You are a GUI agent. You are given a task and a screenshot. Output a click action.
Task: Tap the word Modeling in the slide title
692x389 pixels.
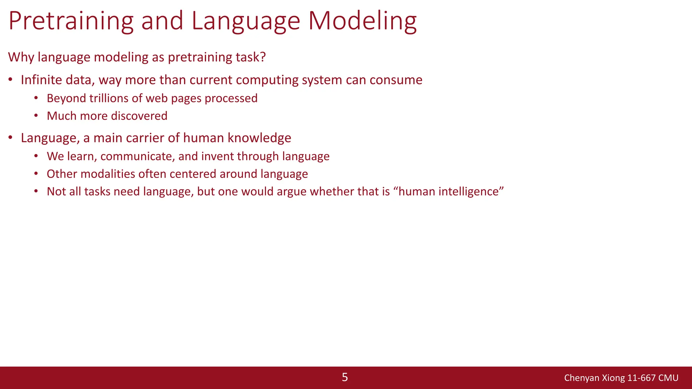click(362, 21)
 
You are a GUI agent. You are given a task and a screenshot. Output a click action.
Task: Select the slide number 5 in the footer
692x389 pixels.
click(345, 377)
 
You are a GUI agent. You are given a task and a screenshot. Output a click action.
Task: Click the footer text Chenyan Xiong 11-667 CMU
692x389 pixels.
click(621, 378)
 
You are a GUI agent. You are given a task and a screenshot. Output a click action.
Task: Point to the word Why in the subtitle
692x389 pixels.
click(21, 57)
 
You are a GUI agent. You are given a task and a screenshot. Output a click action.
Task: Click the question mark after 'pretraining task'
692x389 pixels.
click(263, 57)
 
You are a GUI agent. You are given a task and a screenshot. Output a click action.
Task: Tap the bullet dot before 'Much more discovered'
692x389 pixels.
click(36, 116)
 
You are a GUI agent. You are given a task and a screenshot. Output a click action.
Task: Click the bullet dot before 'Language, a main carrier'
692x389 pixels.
click(10, 138)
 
